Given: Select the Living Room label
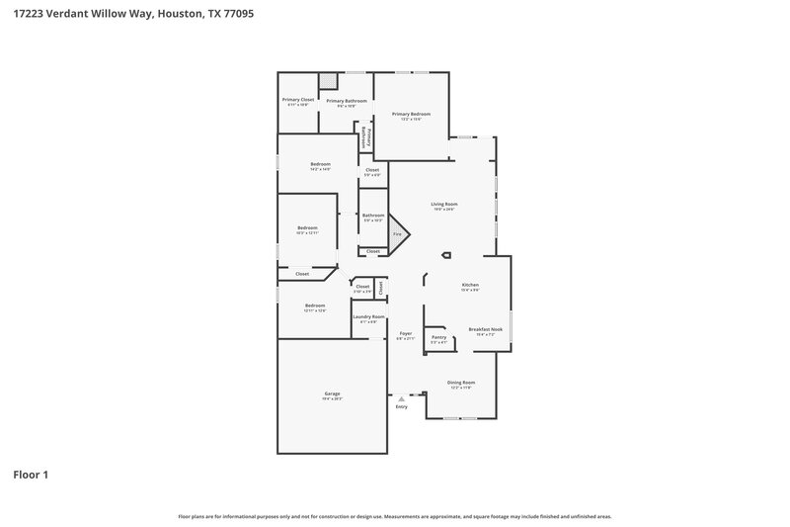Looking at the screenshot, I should pyautogui.click(x=443, y=205).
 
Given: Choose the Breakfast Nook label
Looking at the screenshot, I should pyautogui.click(x=482, y=329).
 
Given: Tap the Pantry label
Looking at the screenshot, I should pyautogui.click(x=438, y=337).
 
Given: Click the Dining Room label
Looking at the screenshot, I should pyautogui.click(x=461, y=383).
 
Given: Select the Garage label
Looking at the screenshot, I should pyautogui.click(x=332, y=394).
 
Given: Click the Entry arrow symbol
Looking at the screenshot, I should pyautogui.click(x=401, y=397).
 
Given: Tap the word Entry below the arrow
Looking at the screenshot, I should pyautogui.click(x=401, y=406).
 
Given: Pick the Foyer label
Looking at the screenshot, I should pyautogui.click(x=405, y=334).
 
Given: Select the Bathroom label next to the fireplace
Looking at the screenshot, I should pyautogui.click(x=373, y=216).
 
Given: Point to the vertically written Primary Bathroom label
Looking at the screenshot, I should pyautogui.click(x=367, y=136).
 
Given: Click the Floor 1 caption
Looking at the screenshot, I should pyautogui.click(x=31, y=475).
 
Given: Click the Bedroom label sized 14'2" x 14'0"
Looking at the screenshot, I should pyautogui.click(x=320, y=164).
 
